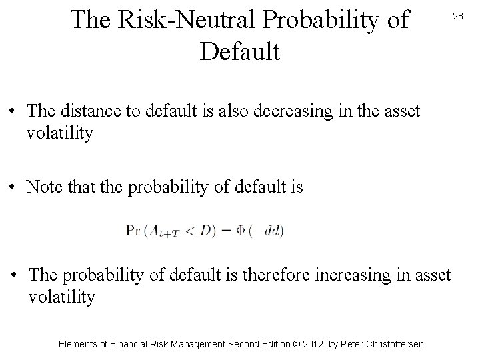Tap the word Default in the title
point(239,50)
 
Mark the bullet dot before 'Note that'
point(15,187)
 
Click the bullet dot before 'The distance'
point(15,111)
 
